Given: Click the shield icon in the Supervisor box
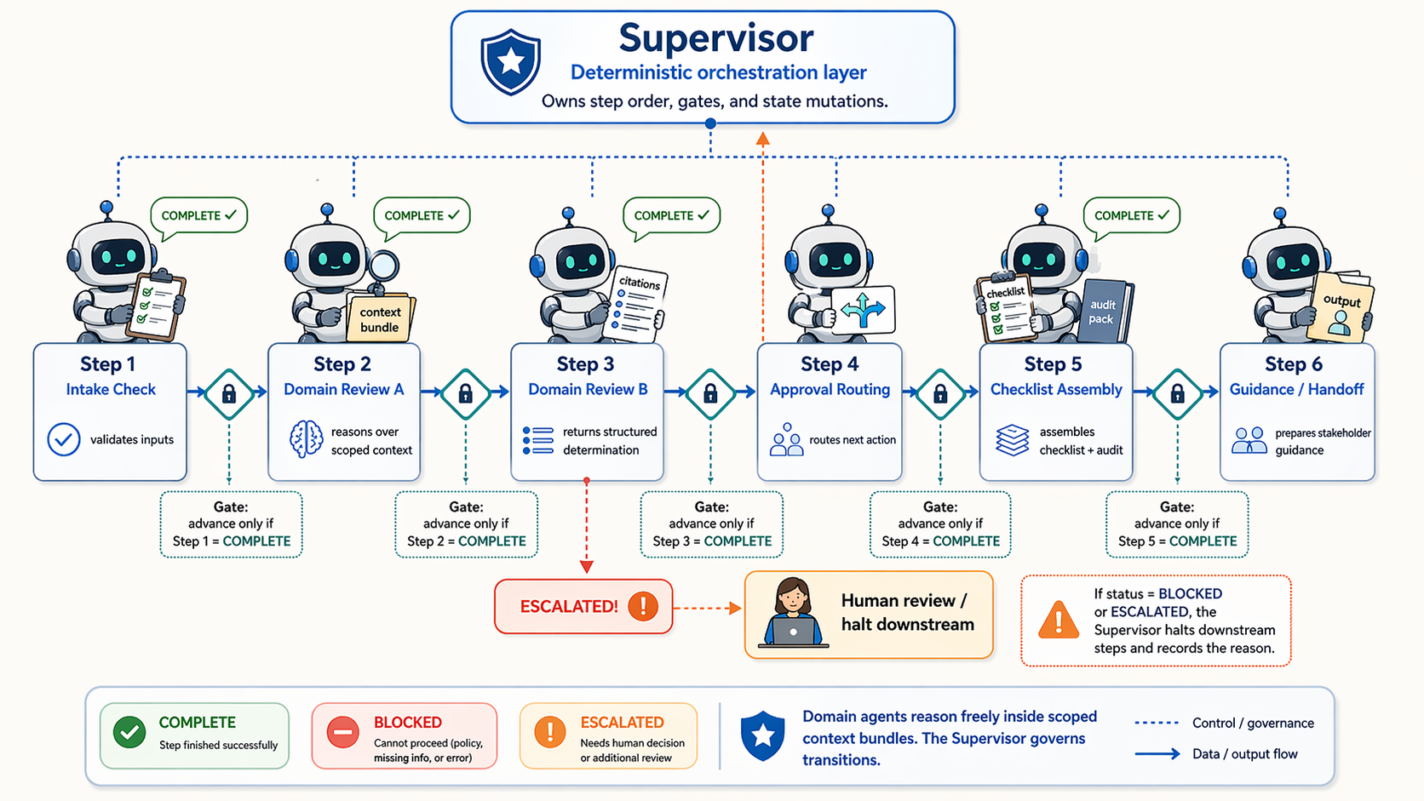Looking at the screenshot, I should tap(510, 61).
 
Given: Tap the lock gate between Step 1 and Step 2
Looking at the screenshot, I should tap(229, 393).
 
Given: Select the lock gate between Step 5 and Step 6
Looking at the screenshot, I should tap(1177, 393).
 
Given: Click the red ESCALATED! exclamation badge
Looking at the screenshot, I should tap(643, 606).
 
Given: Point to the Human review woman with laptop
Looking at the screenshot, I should tap(793, 613).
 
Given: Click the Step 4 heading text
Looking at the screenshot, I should tap(829, 364).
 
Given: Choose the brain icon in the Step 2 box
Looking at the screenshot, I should tap(306, 439).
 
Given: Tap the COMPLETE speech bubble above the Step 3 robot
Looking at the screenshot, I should tap(671, 216).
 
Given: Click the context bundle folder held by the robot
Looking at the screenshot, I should tap(380, 318).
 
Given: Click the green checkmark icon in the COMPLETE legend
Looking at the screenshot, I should tap(129, 732).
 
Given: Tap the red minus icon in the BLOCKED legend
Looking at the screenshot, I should tap(342, 732).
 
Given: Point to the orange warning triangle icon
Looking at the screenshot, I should tap(1059, 621).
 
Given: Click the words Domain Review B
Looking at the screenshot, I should tap(588, 389).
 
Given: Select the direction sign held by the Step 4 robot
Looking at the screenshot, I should tap(864, 310).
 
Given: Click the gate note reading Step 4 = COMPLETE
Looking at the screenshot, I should tap(940, 541).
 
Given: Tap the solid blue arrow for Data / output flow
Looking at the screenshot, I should tap(1157, 753).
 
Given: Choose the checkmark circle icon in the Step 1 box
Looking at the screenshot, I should tap(64, 439).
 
